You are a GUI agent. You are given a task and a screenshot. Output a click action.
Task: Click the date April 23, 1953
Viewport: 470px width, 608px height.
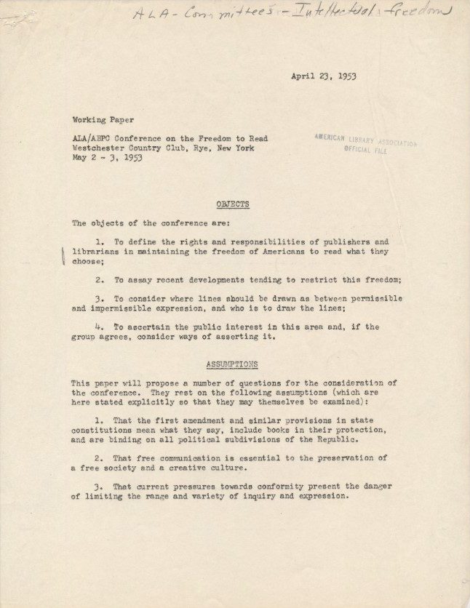323,76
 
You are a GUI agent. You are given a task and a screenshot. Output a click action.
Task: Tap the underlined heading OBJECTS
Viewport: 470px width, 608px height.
232,204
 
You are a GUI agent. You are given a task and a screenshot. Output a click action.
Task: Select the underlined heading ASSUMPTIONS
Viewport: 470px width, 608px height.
232,364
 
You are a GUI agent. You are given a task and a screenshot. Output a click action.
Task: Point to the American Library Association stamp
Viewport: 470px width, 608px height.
365,144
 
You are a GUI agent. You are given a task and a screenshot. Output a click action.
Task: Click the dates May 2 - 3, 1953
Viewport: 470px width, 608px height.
106,157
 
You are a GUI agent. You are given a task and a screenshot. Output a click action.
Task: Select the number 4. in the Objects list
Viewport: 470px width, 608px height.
100,327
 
